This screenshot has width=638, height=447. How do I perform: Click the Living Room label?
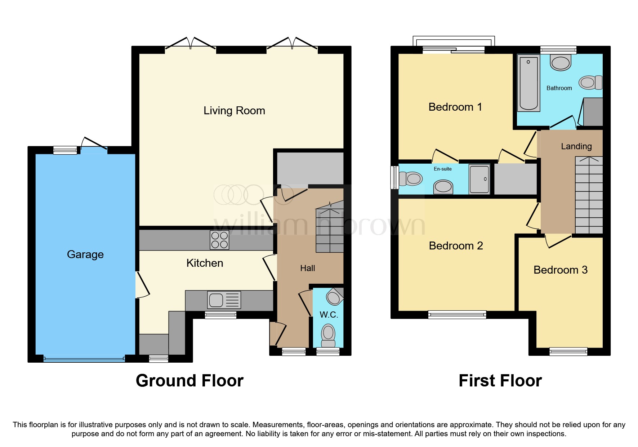pyautogui.click(x=234, y=111)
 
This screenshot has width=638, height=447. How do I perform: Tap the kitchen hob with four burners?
pyautogui.click(x=219, y=240)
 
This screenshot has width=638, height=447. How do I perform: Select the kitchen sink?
pyautogui.click(x=224, y=300)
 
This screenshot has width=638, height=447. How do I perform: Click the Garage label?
pyautogui.click(x=85, y=255)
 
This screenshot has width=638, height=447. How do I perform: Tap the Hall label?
pyautogui.click(x=307, y=268)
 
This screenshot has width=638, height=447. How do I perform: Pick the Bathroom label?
pyautogui.click(x=559, y=88)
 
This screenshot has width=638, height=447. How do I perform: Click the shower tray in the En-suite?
pyautogui.click(x=479, y=179)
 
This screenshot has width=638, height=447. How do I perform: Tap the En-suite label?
pyautogui.click(x=442, y=169)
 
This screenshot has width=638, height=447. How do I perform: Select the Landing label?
pyautogui.click(x=576, y=146)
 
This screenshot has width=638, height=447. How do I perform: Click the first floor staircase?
pyautogui.click(x=589, y=195)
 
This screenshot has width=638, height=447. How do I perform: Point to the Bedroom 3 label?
pyautogui.click(x=560, y=270)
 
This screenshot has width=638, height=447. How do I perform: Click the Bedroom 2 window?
pyautogui.click(x=457, y=315)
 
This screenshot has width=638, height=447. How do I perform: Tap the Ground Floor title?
pyautogui.click(x=189, y=381)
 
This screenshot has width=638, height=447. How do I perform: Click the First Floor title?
pyautogui.click(x=500, y=381)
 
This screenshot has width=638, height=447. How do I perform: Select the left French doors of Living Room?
pyautogui.click(x=190, y=44)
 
